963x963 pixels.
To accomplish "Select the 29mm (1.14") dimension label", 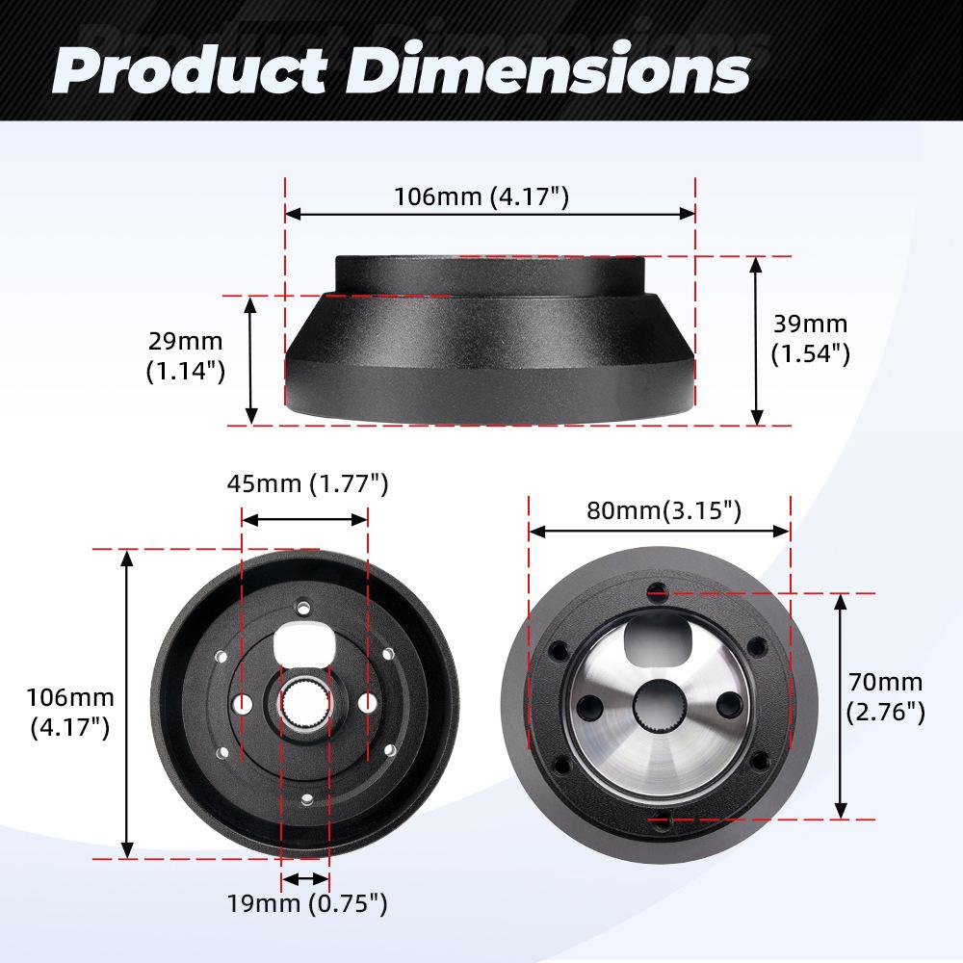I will (185, 355).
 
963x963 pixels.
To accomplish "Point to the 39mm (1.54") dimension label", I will (810, 339).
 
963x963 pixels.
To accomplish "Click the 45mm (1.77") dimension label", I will (307, 483).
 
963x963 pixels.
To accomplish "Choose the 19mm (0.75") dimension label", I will (307, 903).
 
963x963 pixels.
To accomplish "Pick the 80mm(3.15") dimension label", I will (664, 510).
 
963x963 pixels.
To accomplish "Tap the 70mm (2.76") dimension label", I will (885, 698).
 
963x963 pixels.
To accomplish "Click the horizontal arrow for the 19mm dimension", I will (305, 877).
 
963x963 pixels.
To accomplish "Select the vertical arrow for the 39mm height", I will (757, 340).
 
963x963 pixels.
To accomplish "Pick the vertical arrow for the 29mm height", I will (251, 360).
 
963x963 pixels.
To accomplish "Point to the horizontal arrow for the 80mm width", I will (659, 531).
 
